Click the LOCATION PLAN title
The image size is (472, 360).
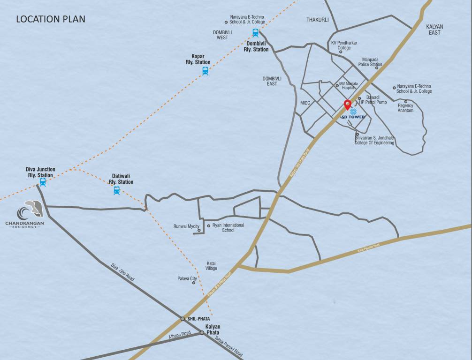click(x=51, y=20)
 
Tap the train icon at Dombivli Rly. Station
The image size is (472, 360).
click(x=255, y=33)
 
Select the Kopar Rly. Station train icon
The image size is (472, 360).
click(x=205, y=71)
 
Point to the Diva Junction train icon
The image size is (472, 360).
click(x=43, y=182)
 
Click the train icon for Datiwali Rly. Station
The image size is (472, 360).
click(x=117, y=190)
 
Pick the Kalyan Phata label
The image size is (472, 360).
click(x=213, y=330)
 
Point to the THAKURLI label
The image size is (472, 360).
click(x=318, y=20)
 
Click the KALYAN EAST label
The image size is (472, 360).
click(x=434, y=30)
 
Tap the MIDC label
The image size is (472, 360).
click(x=305, y=102)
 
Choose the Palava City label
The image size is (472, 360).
click(x=187, y=279)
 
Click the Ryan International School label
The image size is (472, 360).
click(x=228, y=228)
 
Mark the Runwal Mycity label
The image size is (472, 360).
click(x=187, y=226)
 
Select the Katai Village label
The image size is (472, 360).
click(x=212, y=266)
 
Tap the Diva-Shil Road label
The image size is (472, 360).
click(x=123, y=272)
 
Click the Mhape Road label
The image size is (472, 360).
click(x=180, y=335)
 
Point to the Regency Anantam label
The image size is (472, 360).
click(x=405, y=108)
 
